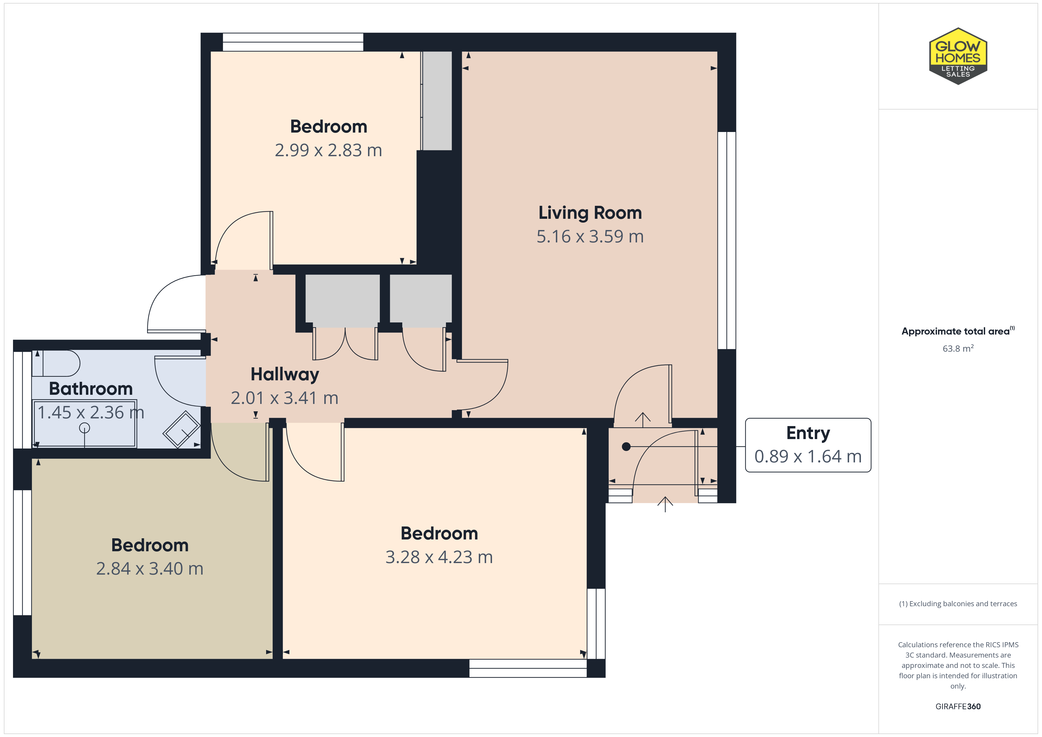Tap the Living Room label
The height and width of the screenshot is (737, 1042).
point(590,213)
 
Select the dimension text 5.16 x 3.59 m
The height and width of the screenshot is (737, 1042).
point(590,237)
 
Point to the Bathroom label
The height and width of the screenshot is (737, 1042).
point(91,389)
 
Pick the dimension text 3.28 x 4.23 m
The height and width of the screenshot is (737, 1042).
point(439,557)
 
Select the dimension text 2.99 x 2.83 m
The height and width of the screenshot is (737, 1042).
point(328,150)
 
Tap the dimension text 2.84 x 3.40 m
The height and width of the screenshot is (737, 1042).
point(150,569)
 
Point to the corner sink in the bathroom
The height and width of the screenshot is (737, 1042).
point(182,429)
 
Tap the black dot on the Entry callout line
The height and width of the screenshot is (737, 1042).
point(626,446)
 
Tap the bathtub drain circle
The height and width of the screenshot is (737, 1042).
point(84,428)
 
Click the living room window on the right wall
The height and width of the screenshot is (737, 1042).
point(727,241)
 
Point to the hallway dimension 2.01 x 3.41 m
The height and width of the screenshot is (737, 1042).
point(284,398)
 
